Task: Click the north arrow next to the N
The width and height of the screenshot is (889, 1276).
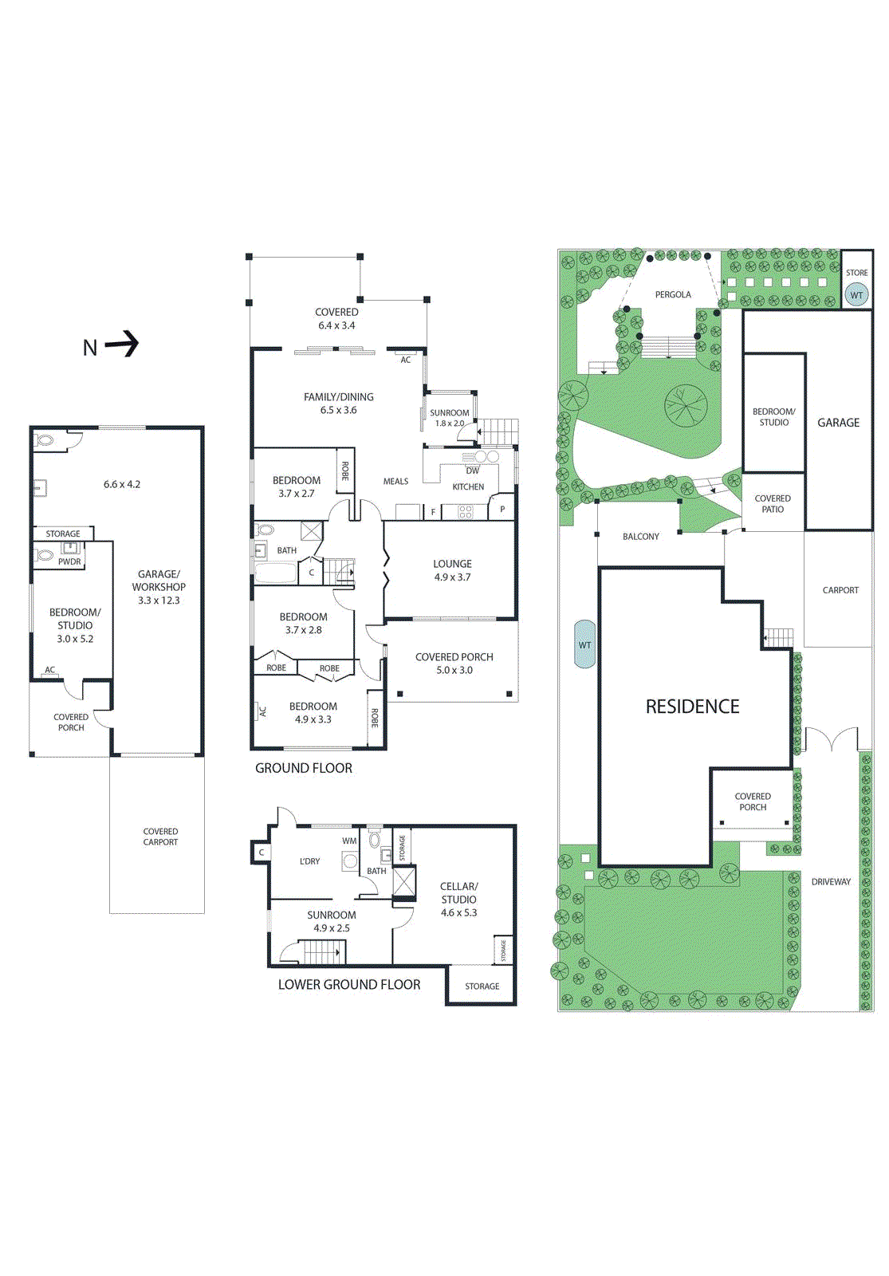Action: [122, 345]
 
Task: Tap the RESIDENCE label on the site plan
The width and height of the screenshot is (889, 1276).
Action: [692, 707]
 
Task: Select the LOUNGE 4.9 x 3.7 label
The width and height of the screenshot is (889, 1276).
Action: [452, 570]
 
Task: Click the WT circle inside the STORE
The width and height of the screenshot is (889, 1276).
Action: [856, 295]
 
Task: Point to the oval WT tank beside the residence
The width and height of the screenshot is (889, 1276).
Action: [585, 644]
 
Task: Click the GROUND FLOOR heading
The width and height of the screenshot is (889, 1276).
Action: [303, 768]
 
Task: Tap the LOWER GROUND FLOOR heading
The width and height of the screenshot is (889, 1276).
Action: [348, 985]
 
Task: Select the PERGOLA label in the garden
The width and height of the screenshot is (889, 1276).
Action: [673, 294]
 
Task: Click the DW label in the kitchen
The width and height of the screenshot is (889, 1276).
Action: [473, 471]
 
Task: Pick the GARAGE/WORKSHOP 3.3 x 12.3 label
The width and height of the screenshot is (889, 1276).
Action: [159, 587]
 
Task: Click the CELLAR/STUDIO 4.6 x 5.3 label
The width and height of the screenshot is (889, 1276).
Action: [458, 900]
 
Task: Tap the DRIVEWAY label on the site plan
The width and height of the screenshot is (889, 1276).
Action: [831, 882]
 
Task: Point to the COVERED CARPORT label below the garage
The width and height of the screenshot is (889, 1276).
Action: [160, 837]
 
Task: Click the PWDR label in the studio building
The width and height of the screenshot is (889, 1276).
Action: [69, 561]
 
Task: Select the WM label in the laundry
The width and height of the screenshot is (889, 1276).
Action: [349, 841]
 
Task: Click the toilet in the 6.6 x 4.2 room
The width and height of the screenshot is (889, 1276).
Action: [45, 439]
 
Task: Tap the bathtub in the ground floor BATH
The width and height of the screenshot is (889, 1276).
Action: [275, 573]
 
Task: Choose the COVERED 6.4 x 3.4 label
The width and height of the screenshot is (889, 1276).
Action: [336, 319]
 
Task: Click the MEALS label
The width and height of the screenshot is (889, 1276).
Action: [395, 482]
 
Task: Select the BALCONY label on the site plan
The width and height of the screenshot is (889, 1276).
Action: [641, 537]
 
